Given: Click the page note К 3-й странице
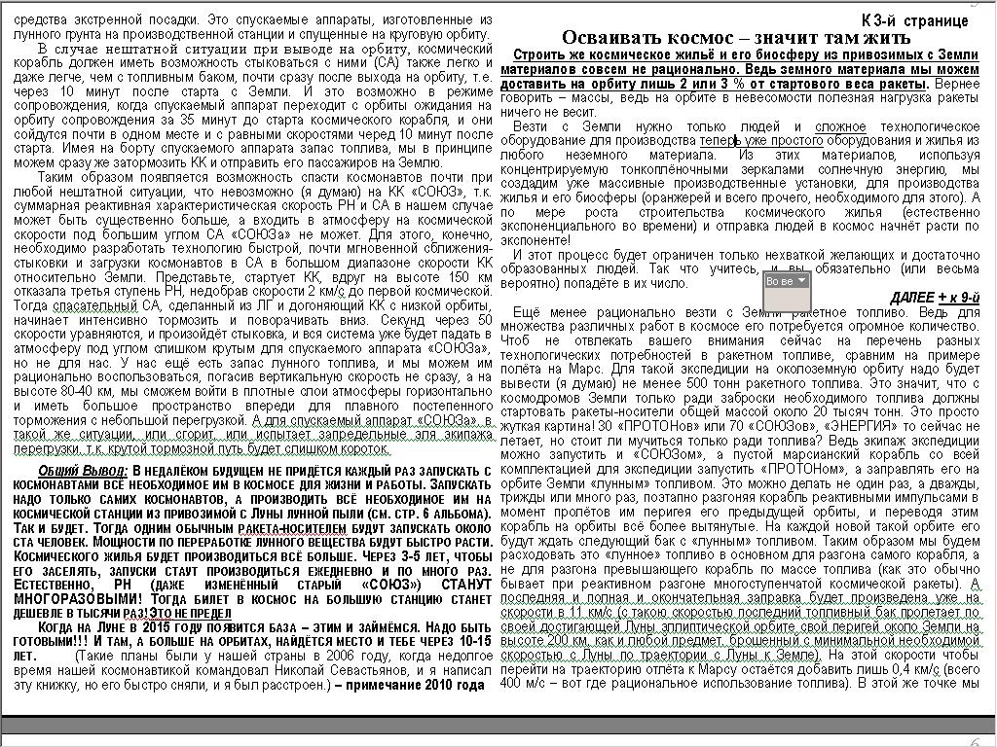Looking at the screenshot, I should (x=914, y=20).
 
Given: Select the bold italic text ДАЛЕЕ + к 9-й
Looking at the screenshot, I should (x=935, y=297).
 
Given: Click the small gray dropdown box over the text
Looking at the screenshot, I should (x=787, y=281).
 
